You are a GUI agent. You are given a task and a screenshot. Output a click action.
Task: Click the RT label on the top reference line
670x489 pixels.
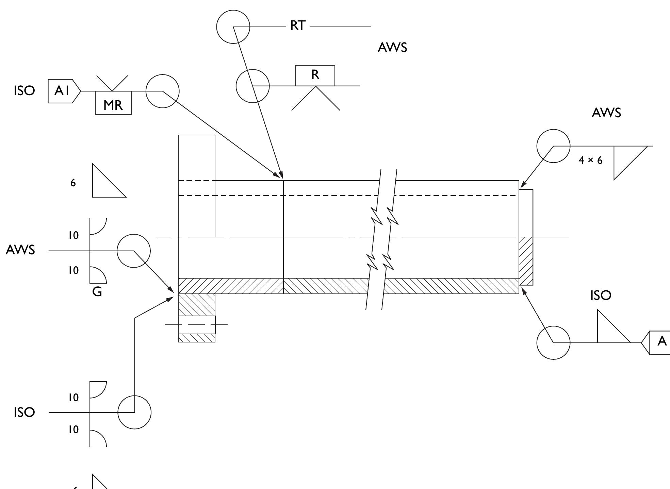pyautogui.click(x=298, y=26)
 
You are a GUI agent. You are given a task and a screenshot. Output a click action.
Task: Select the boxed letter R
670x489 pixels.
pyautogui.click(x=315, y=75)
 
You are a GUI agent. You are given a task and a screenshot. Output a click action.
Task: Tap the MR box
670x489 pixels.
pyautogui.click(x=113, y=103)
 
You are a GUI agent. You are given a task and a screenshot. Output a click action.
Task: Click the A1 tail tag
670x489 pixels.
pyautogui.click(x=64, y=91)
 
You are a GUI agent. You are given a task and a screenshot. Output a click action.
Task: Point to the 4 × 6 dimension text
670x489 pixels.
pyautogui.click(x=590, y=160)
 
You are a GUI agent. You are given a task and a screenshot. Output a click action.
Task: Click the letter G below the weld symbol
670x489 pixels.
pyautogui.click(x=97, y=292)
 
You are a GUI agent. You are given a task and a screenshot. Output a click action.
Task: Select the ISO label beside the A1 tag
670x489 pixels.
pyautogui.click(x=24, y=91)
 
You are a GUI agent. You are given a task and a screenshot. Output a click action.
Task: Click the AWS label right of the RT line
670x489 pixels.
pyautogui.click(x=392, y=48)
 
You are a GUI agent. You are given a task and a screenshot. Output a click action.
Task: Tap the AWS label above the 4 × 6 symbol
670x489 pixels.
pyautogui.click(x=606, y=113)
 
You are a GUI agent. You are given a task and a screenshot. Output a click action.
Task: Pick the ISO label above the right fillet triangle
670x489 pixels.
pyautogui.click(x=601, y=296)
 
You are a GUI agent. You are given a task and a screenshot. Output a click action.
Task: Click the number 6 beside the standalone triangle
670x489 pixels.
pyautogui.click(x=73, y=183)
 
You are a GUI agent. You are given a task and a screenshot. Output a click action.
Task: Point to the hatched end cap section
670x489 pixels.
pyautogui.click(x=526, y=261)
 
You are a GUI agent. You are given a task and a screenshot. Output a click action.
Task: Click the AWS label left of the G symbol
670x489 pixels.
pyautogui.click(x=20, y=250)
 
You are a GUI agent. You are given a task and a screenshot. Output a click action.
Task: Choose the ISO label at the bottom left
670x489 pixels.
pyautogui.click(x=24, y=412)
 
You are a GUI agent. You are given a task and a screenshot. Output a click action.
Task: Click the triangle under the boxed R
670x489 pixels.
pyautogui.click(x=304, y=98)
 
